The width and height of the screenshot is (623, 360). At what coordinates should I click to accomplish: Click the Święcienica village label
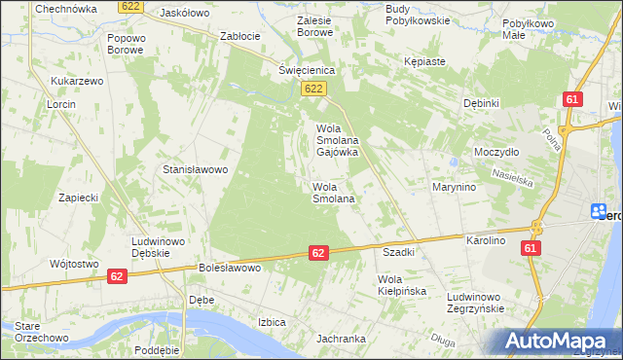coord(307,71)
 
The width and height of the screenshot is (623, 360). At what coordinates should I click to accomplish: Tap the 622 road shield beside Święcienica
coord(312,90)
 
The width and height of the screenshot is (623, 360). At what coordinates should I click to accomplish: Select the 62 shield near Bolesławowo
coord(318,252)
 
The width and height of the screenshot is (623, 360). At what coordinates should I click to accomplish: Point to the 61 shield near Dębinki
coord(572,99)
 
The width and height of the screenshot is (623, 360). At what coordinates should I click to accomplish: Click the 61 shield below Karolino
coord(531,249)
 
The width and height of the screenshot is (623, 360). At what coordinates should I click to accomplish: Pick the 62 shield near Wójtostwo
coord(117,276)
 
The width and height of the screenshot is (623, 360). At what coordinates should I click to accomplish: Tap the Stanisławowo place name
coord(195,169)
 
